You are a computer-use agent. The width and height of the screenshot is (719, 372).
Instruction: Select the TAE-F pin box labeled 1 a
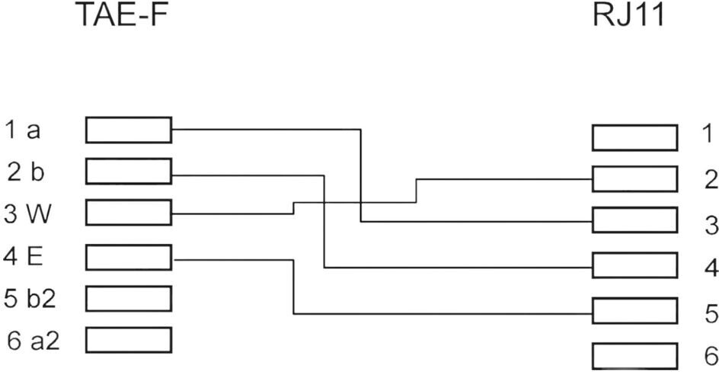point(129,130)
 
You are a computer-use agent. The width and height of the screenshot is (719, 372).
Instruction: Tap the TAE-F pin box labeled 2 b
point(129,172)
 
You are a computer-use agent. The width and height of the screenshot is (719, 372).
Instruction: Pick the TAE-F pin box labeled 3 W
point(129,213)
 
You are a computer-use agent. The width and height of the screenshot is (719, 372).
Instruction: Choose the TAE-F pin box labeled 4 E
point(129,258)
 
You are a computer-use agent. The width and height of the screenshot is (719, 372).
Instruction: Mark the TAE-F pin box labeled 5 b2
point(129,298)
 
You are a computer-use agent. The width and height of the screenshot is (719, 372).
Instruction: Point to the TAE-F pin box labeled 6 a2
point(129,339)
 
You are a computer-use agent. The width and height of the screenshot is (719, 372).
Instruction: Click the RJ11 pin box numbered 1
point(634,138)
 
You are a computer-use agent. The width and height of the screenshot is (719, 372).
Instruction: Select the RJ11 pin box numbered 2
point(634,179)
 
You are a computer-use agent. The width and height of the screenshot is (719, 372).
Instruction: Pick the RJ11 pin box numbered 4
point(634,266)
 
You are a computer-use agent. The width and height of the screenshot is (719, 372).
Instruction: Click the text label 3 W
point(28,213)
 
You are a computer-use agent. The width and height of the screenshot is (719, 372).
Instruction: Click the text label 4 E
point(24,255)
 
